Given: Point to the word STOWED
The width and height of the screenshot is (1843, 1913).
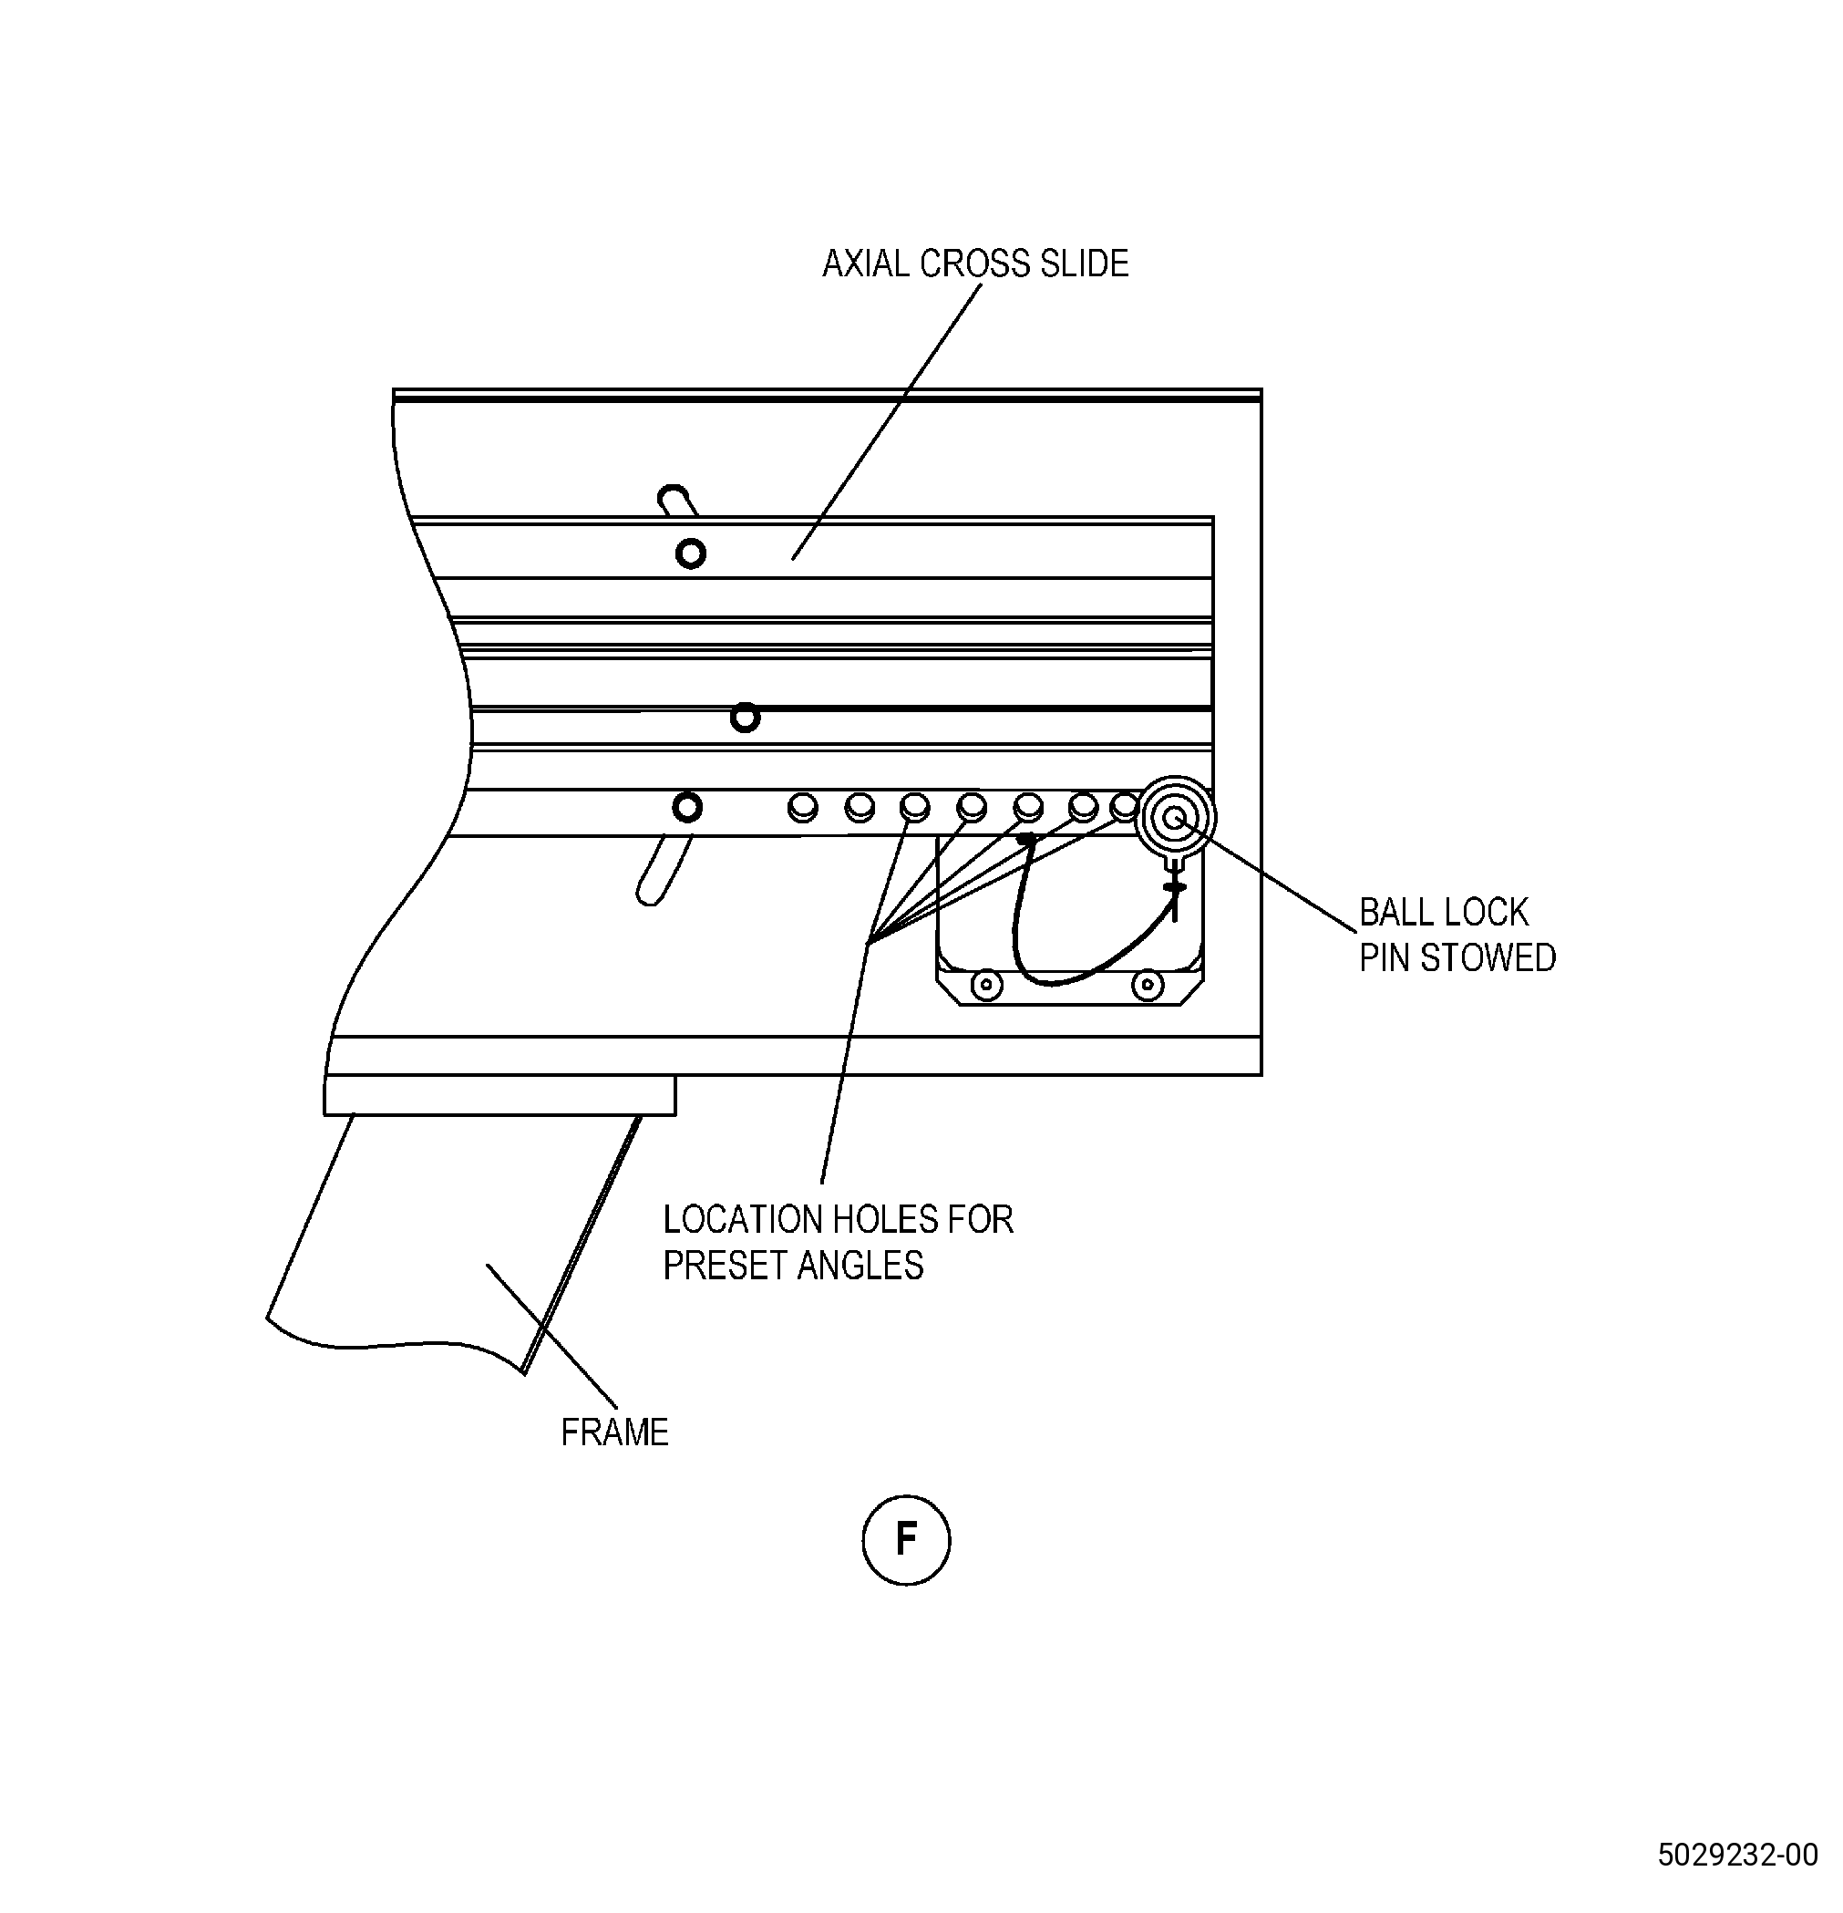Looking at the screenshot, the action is (1488, 958).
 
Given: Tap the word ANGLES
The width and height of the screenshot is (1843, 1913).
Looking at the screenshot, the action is (860, 1266).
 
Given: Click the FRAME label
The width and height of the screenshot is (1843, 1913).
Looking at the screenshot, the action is (614, 1432).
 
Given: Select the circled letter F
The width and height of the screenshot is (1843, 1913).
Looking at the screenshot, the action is (906, 1539).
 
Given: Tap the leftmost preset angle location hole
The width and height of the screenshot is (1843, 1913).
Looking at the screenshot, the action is (803, 808).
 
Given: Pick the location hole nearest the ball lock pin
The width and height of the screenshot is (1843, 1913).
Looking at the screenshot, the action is (1125, 806).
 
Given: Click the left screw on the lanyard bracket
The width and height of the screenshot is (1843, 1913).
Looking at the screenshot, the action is (986, 985).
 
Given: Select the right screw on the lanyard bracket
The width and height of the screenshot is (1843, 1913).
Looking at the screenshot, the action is (1148, 984).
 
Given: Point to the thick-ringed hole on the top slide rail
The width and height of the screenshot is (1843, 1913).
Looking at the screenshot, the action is (691, 554).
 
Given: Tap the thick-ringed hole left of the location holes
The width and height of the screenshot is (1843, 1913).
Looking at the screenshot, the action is (688, 808).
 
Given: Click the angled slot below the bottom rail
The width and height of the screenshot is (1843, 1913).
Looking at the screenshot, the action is (664, 870).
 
